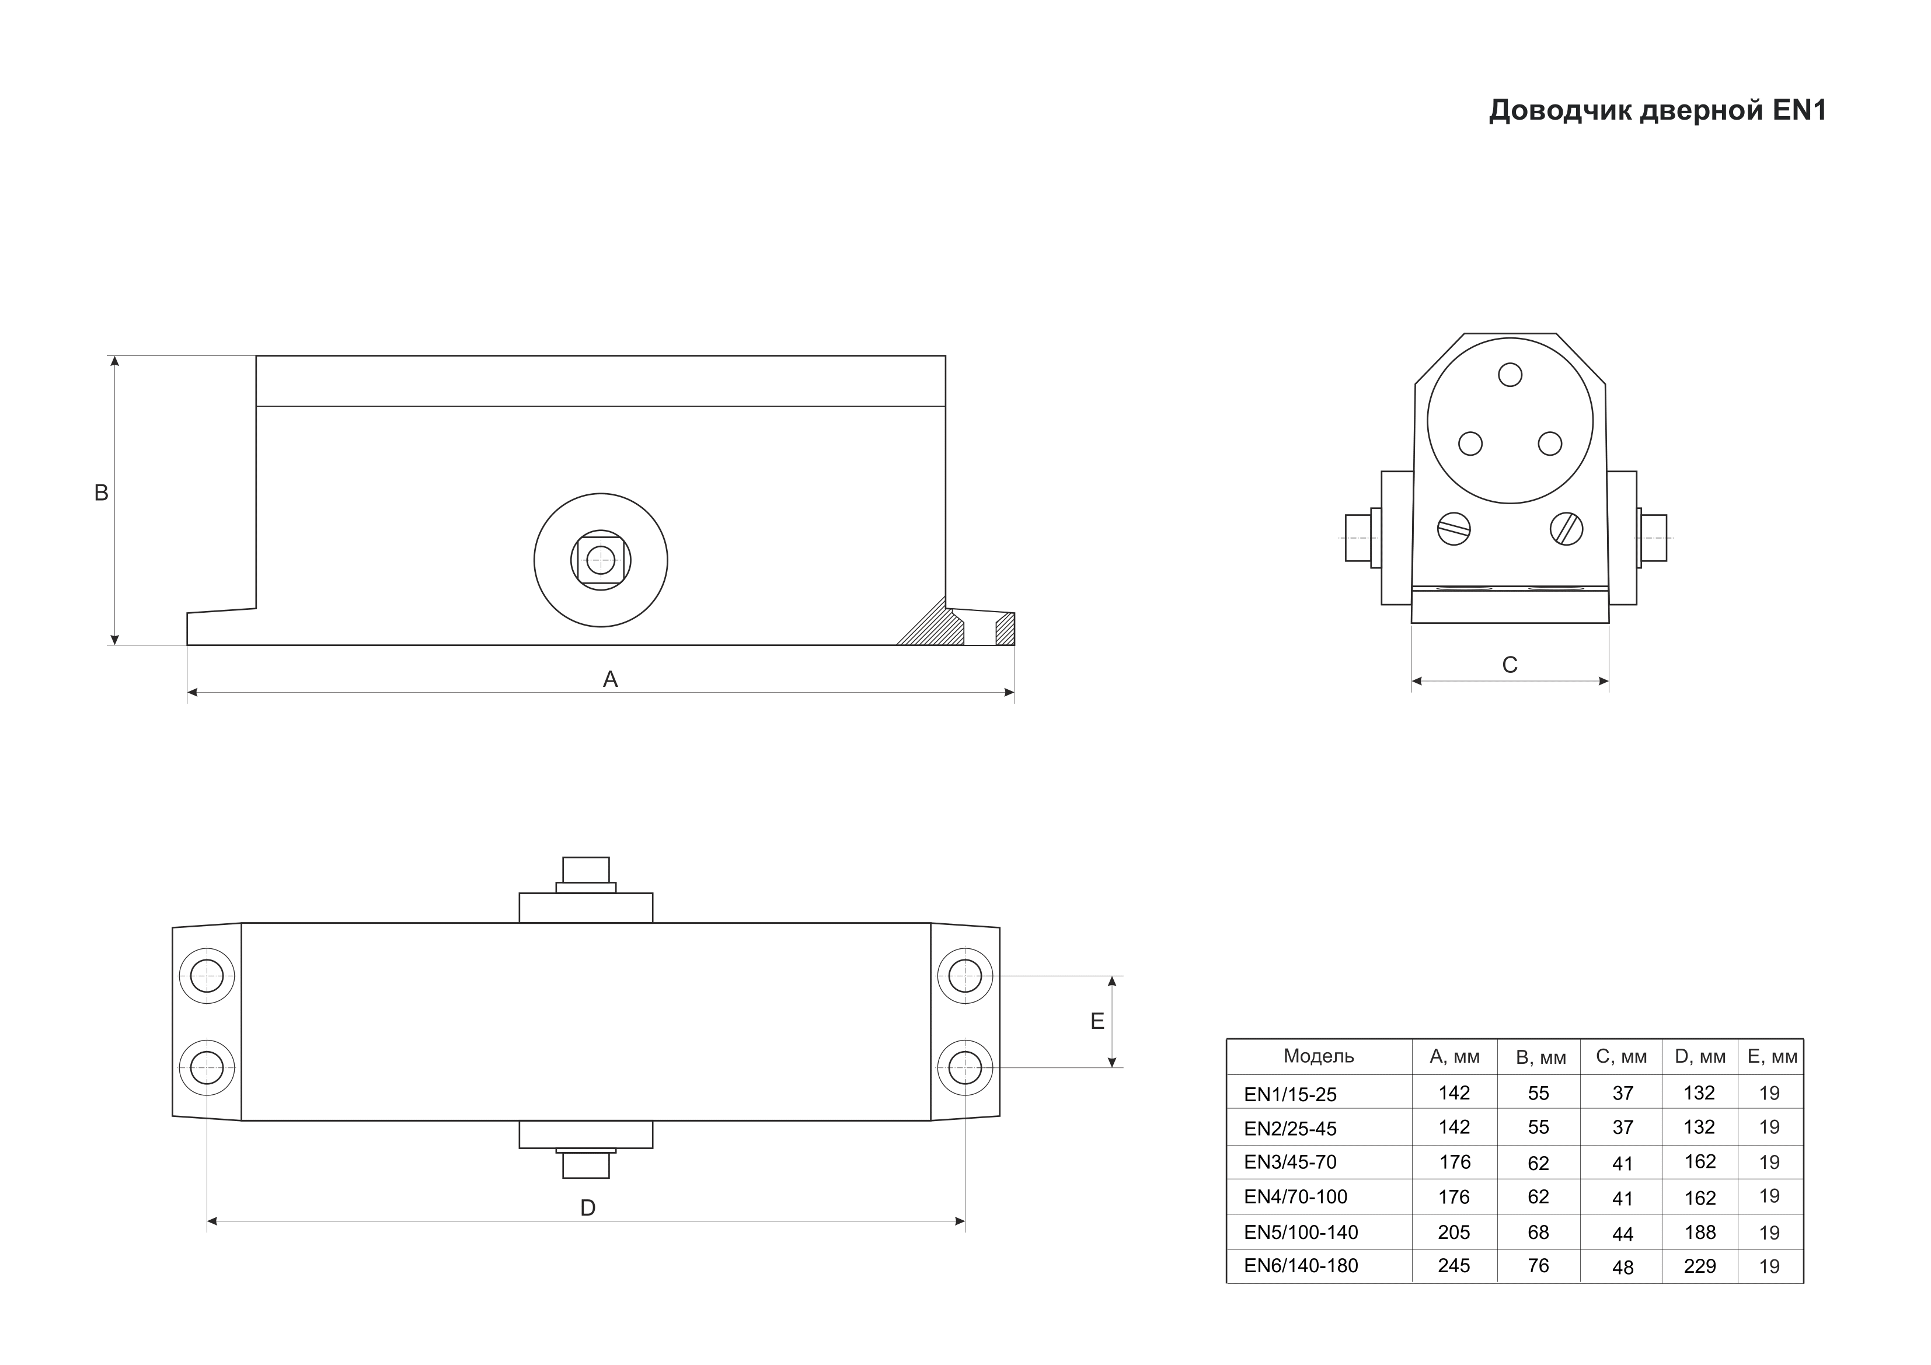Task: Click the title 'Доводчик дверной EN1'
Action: [x=1657, y=111]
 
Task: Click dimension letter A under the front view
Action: [x=611, y=679]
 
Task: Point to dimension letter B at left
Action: [x=101, y=493]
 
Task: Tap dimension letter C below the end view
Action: [x=1510, y=665]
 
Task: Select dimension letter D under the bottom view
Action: [x=588, y=1208]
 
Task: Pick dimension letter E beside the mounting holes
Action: [x=1097, y=1021]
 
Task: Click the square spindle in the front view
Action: [x=601, y=559]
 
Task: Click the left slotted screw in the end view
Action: [x=1454, y=528]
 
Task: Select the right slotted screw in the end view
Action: [x=1566, y=528]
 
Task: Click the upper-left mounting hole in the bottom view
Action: [x=207, y=976]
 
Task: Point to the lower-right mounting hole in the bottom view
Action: [x=965, y=1068]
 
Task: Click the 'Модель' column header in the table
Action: [x=1318, y=1056]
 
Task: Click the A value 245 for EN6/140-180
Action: [x=1454, y=1265]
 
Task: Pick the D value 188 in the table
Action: [x=1700, y=1231]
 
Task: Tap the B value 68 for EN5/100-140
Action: [x=1538, y=1231]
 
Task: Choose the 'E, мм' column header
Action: [x=1772, y=1056]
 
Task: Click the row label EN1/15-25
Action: [x=1289, y=1094]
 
